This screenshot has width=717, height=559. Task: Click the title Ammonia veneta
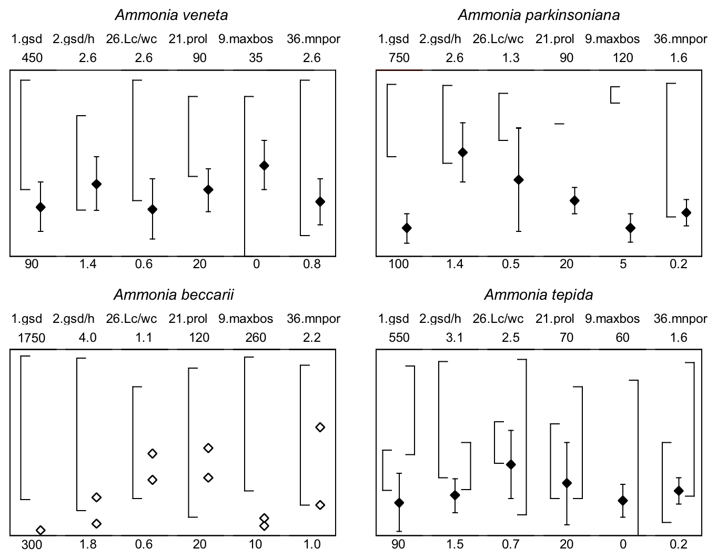tap(171, 15)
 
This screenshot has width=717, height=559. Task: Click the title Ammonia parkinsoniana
tap(539, 15)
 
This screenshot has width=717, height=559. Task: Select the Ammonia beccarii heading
tap(174, 294)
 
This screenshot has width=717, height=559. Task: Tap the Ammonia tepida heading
tap(538, 294)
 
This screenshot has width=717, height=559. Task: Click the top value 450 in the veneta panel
tap(32, 58)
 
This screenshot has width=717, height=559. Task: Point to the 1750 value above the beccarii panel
tap(32, 338)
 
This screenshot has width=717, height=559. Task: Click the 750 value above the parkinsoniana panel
tap(398, 58)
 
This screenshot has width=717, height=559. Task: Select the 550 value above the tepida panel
tap(398, 338)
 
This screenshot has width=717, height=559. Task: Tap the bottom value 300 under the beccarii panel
tap(32, 545)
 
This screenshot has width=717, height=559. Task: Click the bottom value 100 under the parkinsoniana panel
tap(398, 264)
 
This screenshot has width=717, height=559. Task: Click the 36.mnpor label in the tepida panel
tap(680, 319)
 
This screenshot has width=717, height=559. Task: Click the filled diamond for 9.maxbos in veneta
tap(264, 166)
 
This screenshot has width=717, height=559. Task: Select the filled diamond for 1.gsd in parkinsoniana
tap(407, 228)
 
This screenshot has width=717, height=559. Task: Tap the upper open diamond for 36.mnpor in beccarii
tap(320, 427)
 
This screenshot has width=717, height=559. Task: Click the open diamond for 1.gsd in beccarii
tap(41, 530)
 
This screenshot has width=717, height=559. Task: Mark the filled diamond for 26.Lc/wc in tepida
tap(510, 464)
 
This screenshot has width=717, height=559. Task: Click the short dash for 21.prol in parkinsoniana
tap(559, 124)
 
